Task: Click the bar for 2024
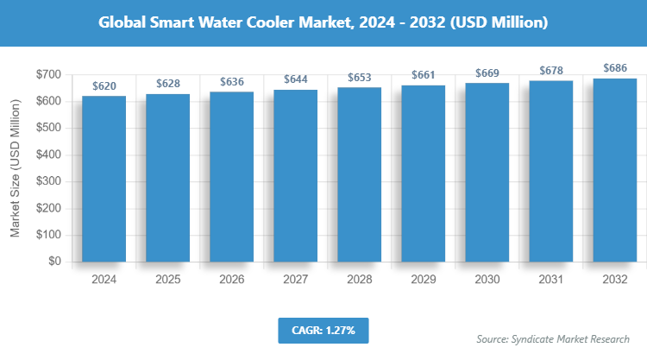pyautogui.click(x=104, y=179)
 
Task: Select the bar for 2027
pyautogui.click(x=295, y=175)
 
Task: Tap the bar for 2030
pyautogui.click(x=487, y=172)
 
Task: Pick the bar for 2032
pyautogui.click(x=614, y=170)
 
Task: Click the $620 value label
pyautogui.click(x=104, y=86)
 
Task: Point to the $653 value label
pyautogui.click(x=359, y=78)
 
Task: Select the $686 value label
pyautogui.click(x=614, y=68)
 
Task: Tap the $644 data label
pyautogui.click(x=295, y=79)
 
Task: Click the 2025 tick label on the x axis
pyautogui.click(x=167, y=281)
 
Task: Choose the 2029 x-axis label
pyautogui.click(x=423, y=281)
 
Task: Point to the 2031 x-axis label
pyautogui.click(x=550, y=281)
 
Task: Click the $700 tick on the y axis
pyautogui.click(x=47, y=75)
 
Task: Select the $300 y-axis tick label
pyautogui.click(x=47, y=181)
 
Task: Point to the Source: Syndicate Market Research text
pyautogui.click(x=553, y=338)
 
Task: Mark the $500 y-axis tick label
pyautogui.click(x=47, y=129)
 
